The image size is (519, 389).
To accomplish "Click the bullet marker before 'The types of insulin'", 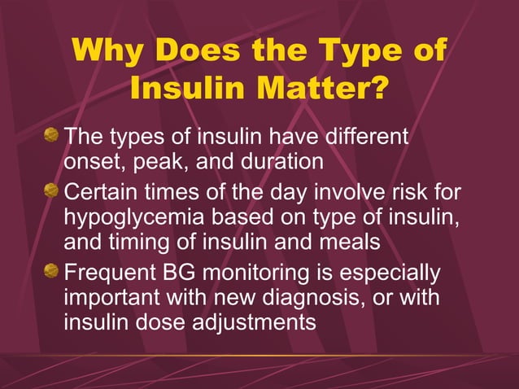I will click(x=53, y=134).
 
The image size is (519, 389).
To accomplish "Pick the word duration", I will click(x=280, y=161).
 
